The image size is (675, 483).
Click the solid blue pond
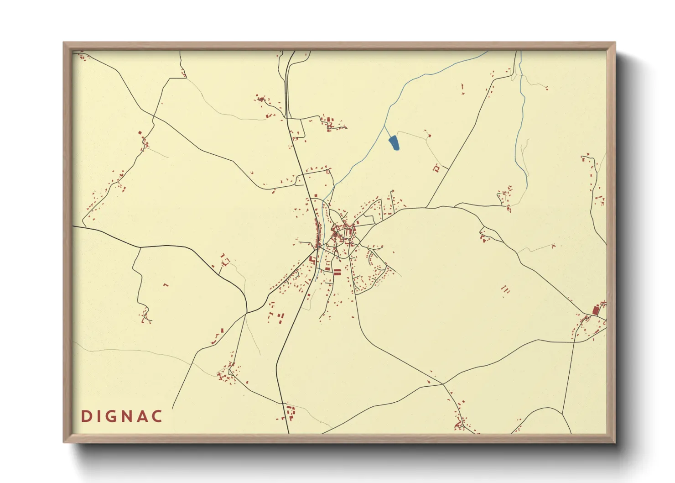tap(394, 143)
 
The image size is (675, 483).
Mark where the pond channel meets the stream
tap(384, 126)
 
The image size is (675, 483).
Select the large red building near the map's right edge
tap(595, 310)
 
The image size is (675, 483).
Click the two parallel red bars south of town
tap(337, 272)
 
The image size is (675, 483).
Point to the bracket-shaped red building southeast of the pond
tap(436, 168)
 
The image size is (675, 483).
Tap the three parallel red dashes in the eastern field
tap(505, 289)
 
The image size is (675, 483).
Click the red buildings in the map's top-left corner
tap(82, 57)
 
